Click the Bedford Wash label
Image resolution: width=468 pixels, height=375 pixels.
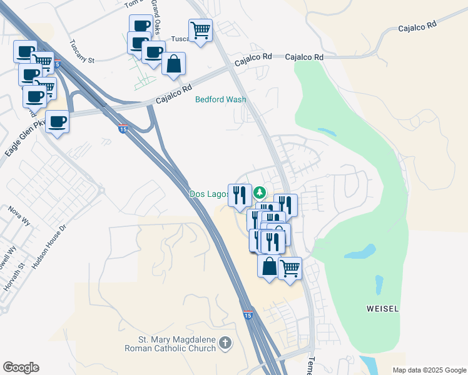220,99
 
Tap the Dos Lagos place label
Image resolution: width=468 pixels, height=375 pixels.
208,194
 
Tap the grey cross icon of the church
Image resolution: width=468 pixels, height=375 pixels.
225,342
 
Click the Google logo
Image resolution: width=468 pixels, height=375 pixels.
21,367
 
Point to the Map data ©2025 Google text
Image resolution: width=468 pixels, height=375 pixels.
429,370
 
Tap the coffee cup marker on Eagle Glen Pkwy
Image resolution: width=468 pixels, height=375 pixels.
58,121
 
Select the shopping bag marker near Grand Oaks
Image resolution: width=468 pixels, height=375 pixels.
173,64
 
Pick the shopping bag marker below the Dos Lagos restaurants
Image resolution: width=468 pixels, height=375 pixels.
269,267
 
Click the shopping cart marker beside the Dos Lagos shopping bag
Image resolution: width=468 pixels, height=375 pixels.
290,269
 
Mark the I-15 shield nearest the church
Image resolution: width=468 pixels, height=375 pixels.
248,316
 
